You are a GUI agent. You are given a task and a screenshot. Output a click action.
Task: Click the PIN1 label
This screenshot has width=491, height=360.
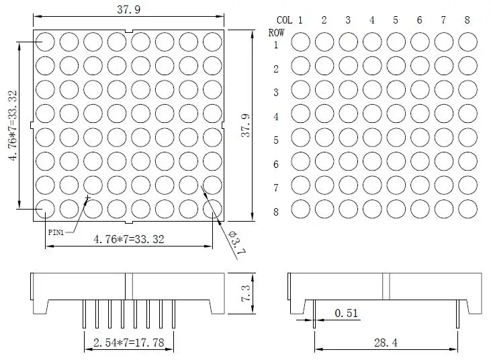(56, 232)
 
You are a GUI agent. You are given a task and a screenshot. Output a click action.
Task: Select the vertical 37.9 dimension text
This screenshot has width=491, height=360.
(246, 126)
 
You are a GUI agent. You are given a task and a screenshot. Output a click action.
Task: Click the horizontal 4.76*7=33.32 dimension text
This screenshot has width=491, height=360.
(129, 238)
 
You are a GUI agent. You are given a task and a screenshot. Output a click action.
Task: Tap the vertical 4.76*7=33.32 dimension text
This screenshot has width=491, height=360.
(12, 126)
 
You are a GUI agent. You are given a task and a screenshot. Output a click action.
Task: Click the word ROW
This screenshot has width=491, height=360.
(276, 32)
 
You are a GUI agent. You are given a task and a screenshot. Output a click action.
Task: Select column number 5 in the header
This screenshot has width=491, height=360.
(396, 20)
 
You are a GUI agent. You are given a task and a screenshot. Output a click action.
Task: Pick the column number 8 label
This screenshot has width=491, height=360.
(467, 20)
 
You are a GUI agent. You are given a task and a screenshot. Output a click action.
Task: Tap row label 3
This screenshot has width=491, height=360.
(276, 93)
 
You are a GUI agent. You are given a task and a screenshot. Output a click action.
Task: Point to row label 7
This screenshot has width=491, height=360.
(276, 188)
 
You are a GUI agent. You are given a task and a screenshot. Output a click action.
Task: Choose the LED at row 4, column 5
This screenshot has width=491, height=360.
(396, 114)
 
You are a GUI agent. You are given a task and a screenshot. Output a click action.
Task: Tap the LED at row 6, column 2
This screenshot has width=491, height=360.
(324, 161)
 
